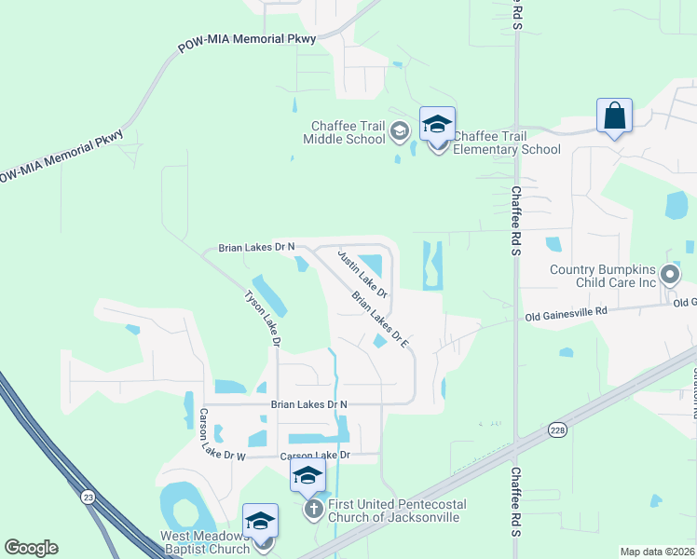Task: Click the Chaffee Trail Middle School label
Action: point(344,132)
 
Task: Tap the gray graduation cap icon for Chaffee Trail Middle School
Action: point(400,130)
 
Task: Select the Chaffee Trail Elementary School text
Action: point(507,143)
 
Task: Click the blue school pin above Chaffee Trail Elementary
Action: point(437,124)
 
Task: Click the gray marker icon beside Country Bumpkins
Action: point(670,275)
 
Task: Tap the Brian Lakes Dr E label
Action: point(381,320)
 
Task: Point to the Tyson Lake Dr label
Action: point(262,319)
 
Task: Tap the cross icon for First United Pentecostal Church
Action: point(315,509)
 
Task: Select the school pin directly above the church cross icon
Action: point(307,476)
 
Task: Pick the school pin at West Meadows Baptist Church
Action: point(260,521)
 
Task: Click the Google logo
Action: point(32,548)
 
